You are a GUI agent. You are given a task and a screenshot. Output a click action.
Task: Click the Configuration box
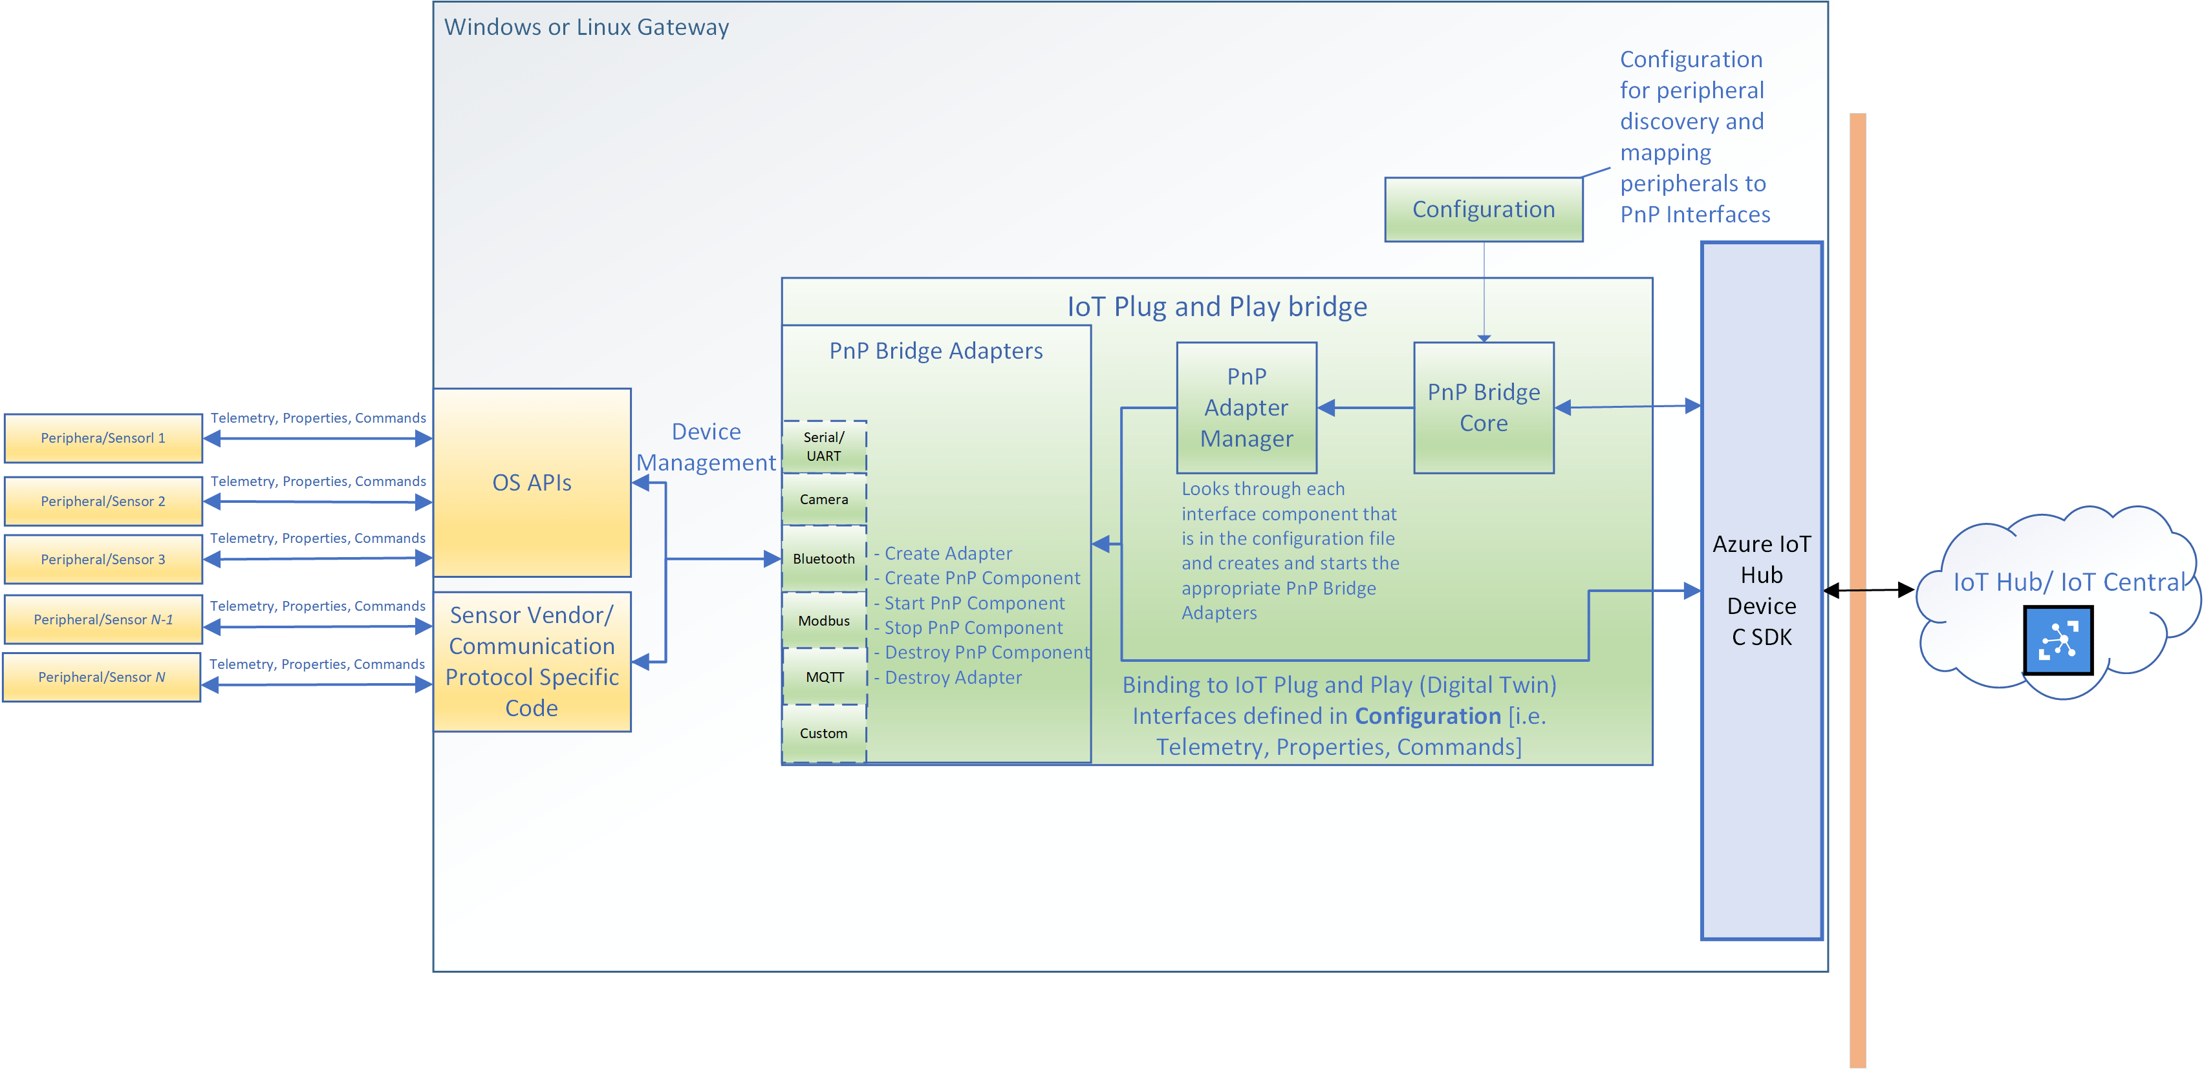point(1483,209)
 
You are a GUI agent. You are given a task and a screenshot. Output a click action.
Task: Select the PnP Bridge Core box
point(1483,408)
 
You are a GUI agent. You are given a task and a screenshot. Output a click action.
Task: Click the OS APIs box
point(532,482)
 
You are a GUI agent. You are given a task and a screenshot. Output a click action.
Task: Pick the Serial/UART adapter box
point(824,447)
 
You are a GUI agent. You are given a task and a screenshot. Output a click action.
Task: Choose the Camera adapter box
point(824,500)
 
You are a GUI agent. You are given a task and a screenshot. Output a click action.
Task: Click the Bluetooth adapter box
point(824,558)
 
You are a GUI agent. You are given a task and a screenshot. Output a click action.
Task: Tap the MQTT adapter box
point(824,677)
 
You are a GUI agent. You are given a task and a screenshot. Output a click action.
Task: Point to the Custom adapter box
point(824,733)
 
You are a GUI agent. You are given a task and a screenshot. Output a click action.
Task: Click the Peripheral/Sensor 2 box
point(103,501)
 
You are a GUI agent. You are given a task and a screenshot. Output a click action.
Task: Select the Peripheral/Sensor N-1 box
point(103,619)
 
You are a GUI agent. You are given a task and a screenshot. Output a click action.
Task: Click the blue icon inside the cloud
point(2058,640)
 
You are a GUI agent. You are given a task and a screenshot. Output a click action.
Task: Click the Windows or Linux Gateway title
point(586,27)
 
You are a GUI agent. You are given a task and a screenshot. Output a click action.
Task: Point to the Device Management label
point(706,447)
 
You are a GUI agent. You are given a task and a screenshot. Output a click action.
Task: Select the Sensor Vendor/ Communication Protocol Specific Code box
point(532,661)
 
